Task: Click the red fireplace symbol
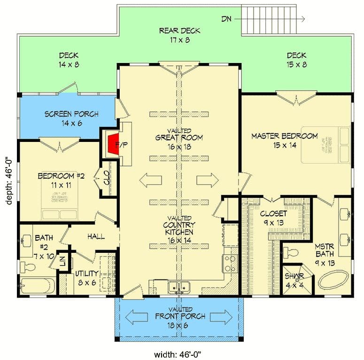[x=111, y=144]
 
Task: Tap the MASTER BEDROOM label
[x=284, y=136]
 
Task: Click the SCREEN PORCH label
[x=71, y=114]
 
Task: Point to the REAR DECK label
[x=179, y=31]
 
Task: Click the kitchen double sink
[x=179, y=285]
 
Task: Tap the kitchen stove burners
[x=230, y=263]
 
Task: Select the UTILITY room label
[x=86, y=273]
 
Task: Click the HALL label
[x=95, y=237]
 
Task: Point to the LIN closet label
[x=63, y=261]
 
